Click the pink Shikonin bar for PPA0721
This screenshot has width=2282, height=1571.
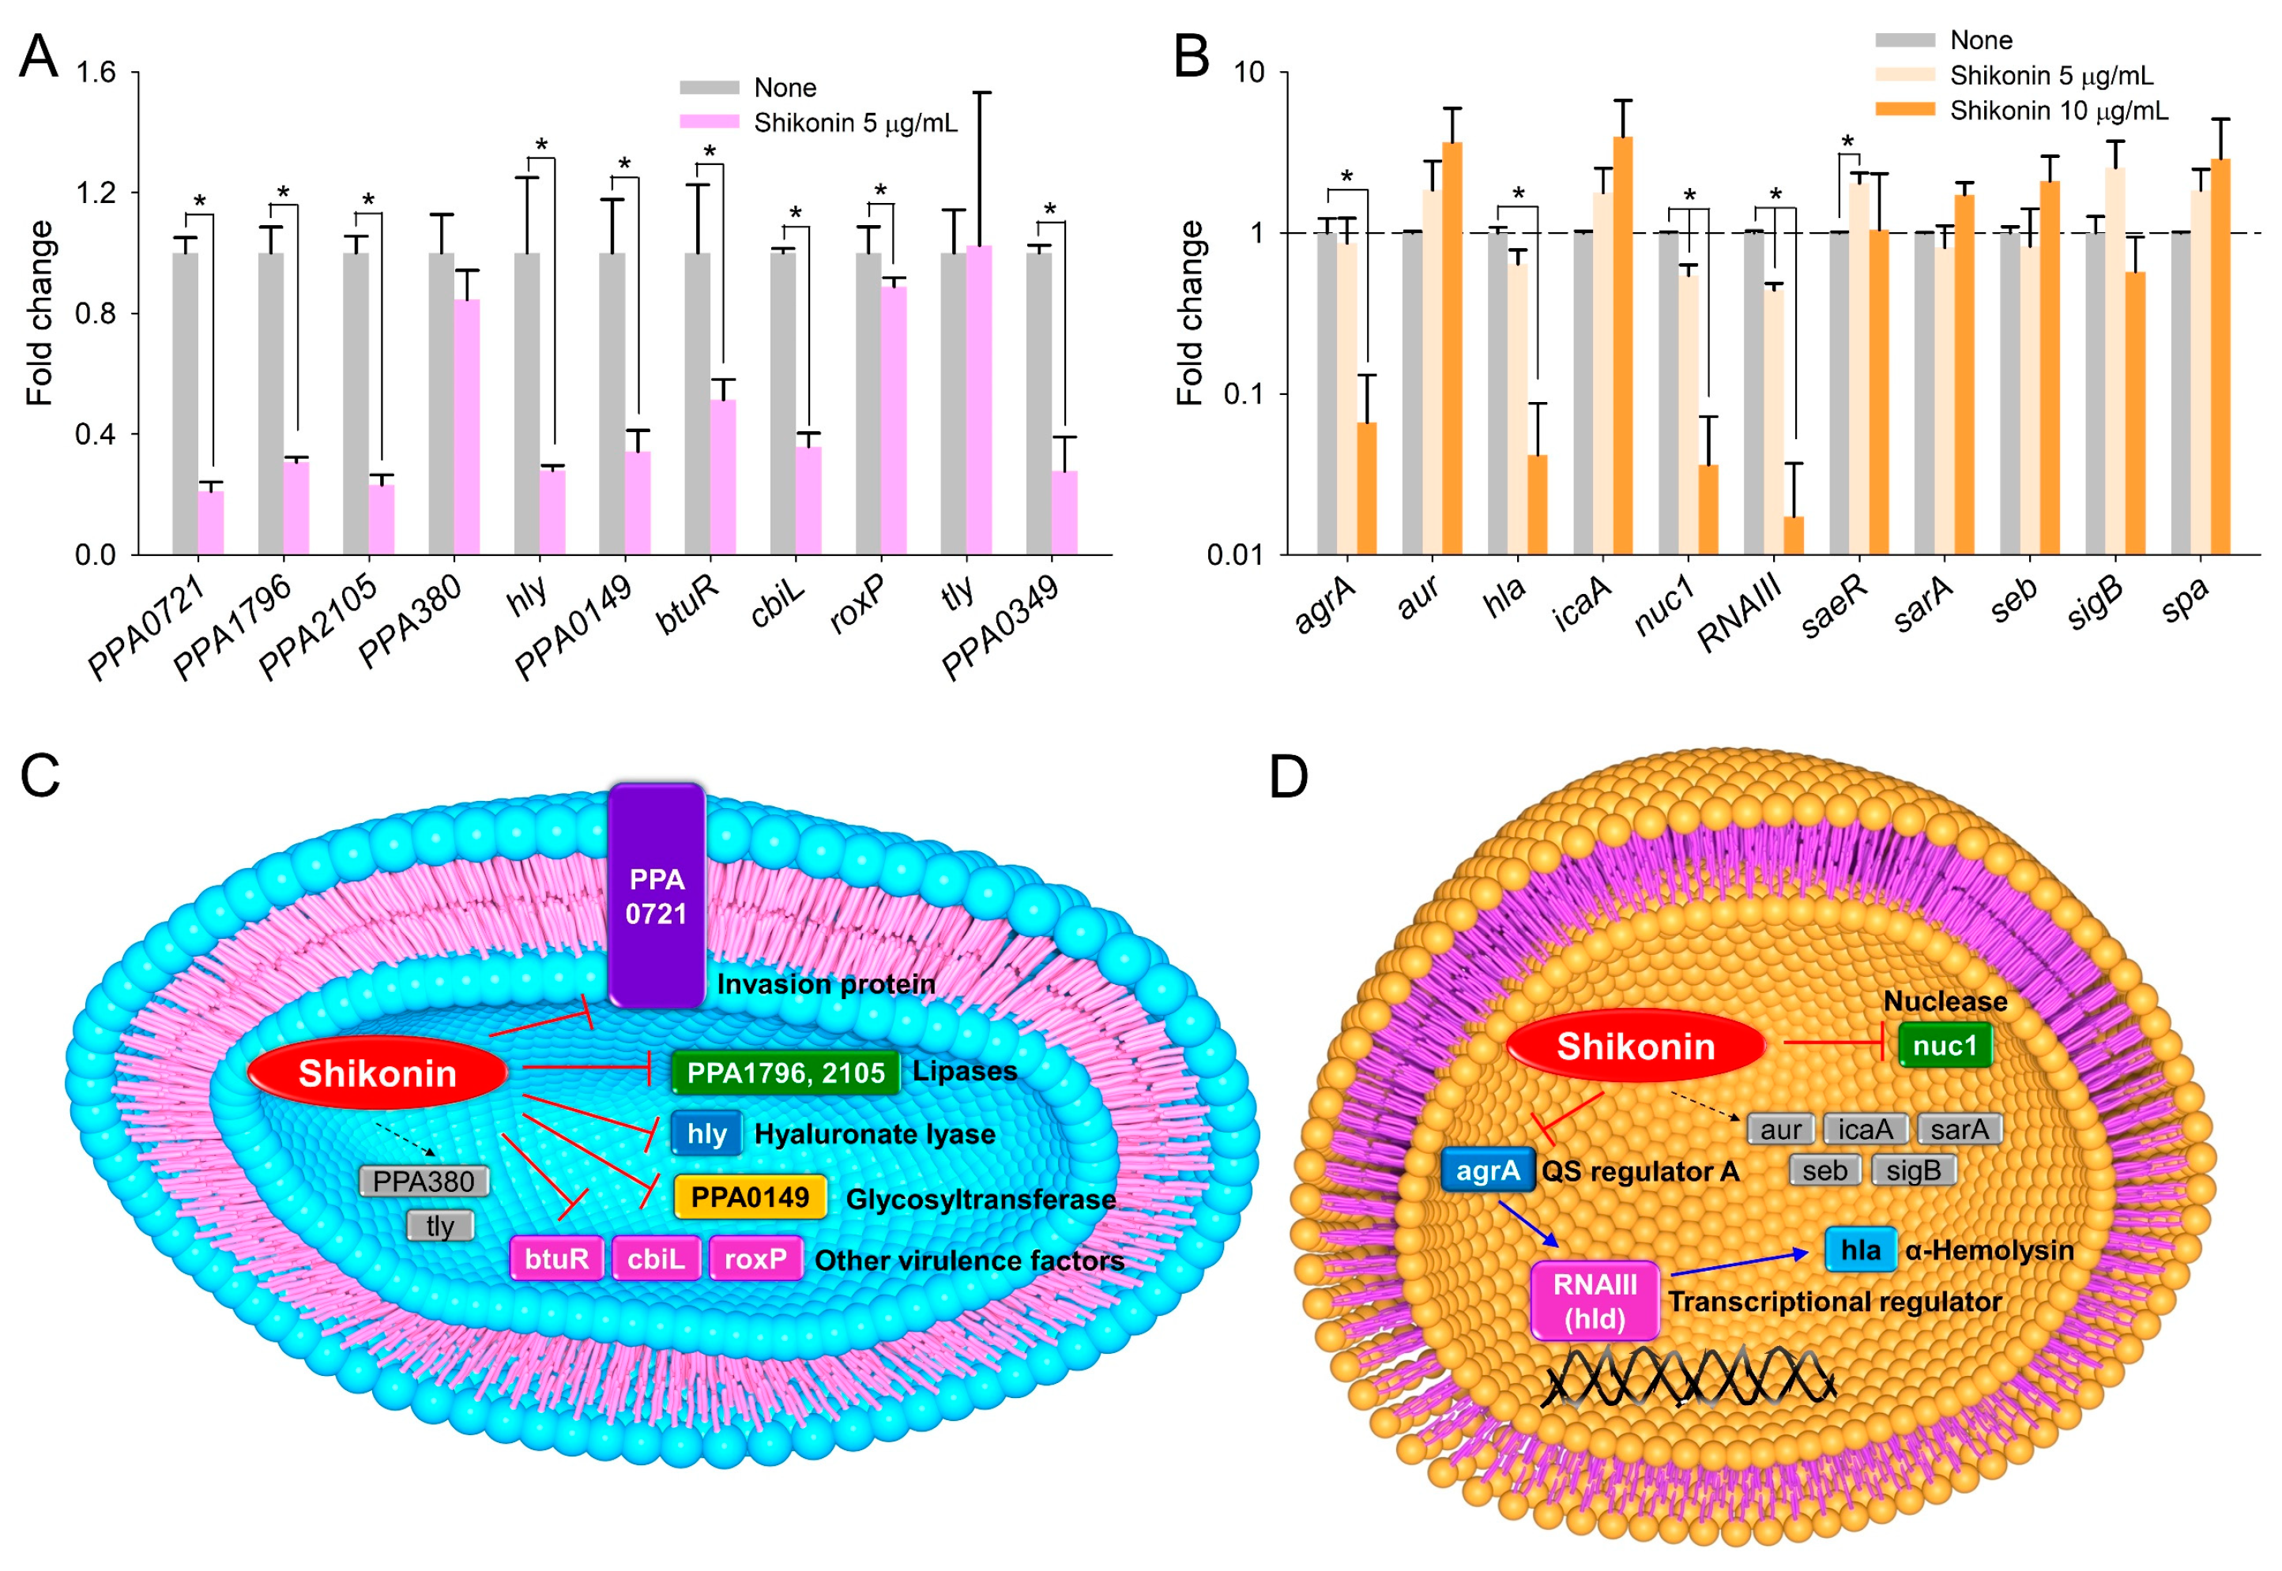coord(211,522)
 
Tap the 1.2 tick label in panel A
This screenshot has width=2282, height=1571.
coord(96,192)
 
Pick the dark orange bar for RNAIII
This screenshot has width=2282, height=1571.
coord(1793,536)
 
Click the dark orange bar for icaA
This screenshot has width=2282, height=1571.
coord(1622,344)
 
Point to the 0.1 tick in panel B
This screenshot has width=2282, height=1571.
coord(1244,395)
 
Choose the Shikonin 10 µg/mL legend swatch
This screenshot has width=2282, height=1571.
coord(1905,111)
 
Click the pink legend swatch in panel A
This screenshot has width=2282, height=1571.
coord(709,122)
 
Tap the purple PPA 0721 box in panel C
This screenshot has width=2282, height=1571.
coord(656,895)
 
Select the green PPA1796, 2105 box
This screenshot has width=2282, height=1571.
coord(785,1072)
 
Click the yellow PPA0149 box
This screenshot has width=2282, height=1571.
coord(749,1197)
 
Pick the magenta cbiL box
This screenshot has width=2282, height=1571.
coord(656,1258)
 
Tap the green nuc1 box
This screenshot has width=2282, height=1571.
coord(1945,1046)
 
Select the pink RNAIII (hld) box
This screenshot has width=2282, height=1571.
coord(1595,1300)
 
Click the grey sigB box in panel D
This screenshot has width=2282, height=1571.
coord(1913,1171)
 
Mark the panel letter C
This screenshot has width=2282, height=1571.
coord(40,776)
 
